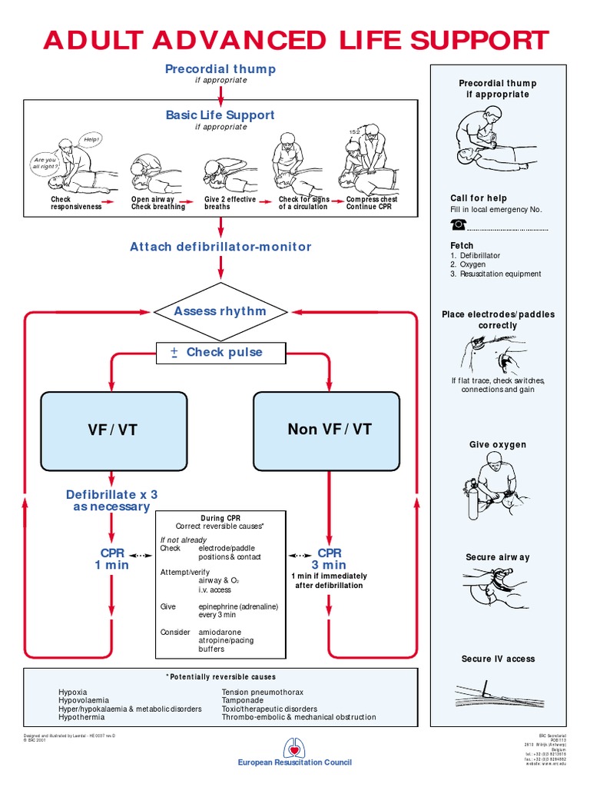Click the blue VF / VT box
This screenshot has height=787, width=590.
[x=112, y=430]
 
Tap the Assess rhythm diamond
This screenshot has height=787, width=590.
[x=220, y=311]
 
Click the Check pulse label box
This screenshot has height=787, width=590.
[x=220, y=353]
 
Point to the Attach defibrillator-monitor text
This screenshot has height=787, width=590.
[x=220, y=247]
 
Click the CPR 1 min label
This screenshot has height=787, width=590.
[x=112, y=559]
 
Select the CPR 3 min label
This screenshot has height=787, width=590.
[x=330, y=559]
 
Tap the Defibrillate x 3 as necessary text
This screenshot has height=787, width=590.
[x=112, y=500]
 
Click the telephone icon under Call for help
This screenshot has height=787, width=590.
[x=459, y=225]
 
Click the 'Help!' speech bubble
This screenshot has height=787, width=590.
[x=92, y=139]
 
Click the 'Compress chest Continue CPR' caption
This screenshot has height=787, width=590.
[x=372, y=203]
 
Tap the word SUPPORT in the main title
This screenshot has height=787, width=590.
[x=476, y=39]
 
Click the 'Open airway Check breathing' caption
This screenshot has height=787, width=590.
[x=157, y=203]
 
